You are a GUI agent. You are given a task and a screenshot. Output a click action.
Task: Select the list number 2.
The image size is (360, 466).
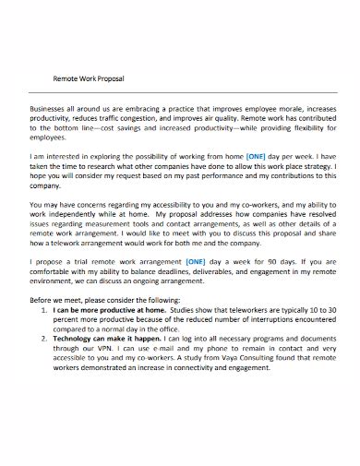(x=47, y=342)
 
